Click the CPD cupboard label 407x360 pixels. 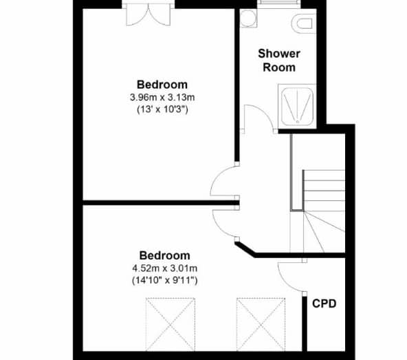[324, 304]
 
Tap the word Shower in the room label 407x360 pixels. [279, 54]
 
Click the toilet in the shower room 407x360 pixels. [302, 23]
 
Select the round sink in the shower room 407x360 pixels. [248, 18]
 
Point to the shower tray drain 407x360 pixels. [298, 121]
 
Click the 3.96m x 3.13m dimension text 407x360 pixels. [162, 98]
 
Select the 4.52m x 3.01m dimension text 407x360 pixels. [165, 268]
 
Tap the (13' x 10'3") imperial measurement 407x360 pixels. [162, 109]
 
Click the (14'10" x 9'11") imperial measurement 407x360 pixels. [165, 280]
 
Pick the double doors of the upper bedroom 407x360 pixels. [148, 16]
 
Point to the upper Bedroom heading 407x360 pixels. [162, 85]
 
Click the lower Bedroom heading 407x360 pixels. [165, 255]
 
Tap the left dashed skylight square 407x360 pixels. [170, 324]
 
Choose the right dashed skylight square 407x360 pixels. [261, 324]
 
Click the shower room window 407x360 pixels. [278, 3]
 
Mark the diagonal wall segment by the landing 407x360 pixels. [245, 250]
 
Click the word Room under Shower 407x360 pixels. [279, 67]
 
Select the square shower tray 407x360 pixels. [298, 107]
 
